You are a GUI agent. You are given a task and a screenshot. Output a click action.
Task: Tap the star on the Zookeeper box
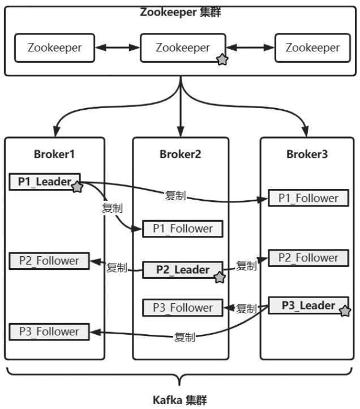point(222,59)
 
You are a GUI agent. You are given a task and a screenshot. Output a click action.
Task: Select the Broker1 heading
point(54,154)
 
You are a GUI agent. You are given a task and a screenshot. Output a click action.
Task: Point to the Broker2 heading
point(180,154)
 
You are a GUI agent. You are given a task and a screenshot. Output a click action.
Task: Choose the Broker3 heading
point(307,154)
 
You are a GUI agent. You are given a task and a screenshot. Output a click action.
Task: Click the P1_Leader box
point(45,182)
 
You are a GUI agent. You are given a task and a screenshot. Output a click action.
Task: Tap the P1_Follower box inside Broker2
point(182,229)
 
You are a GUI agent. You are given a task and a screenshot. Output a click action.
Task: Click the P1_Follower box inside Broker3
point(308,198)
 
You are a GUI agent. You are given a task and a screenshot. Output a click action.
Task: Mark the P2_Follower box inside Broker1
point(49,261)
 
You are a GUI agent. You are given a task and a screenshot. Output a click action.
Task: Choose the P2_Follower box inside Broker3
point(308,258)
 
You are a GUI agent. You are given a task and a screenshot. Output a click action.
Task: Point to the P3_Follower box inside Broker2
point(182,308)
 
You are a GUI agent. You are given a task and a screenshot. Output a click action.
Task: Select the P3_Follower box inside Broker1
point(49,331)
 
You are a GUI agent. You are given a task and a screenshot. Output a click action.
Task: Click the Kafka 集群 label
point(180,400)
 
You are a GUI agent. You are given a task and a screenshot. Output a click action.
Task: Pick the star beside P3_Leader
point(345,310)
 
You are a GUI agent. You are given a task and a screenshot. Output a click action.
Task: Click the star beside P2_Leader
point(220,277)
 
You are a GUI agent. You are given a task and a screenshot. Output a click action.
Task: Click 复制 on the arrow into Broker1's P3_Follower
point(185,337)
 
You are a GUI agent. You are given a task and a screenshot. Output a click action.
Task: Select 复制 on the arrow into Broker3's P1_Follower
point(175,196)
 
